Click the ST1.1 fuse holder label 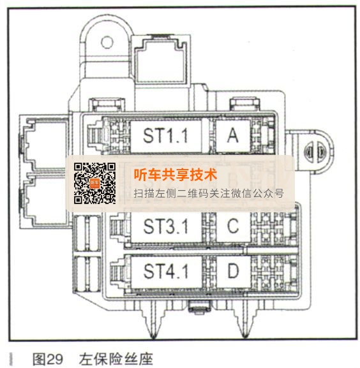[165, 136]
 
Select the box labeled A [233, 136]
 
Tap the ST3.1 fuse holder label [166, 226]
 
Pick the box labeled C [233, 226]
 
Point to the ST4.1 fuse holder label [166, 272]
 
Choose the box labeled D [233, 271]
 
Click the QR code [94, 183]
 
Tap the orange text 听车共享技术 [176, 175]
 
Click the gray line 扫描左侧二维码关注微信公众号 [209, 194]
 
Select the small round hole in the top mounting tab [107, 42]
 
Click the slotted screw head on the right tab [315, 152]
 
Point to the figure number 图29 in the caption [48, 359]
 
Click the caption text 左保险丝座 [116, 359]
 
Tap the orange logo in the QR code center [95, 183]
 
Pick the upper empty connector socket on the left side [45, 145]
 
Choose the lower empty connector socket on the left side [45, 202]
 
